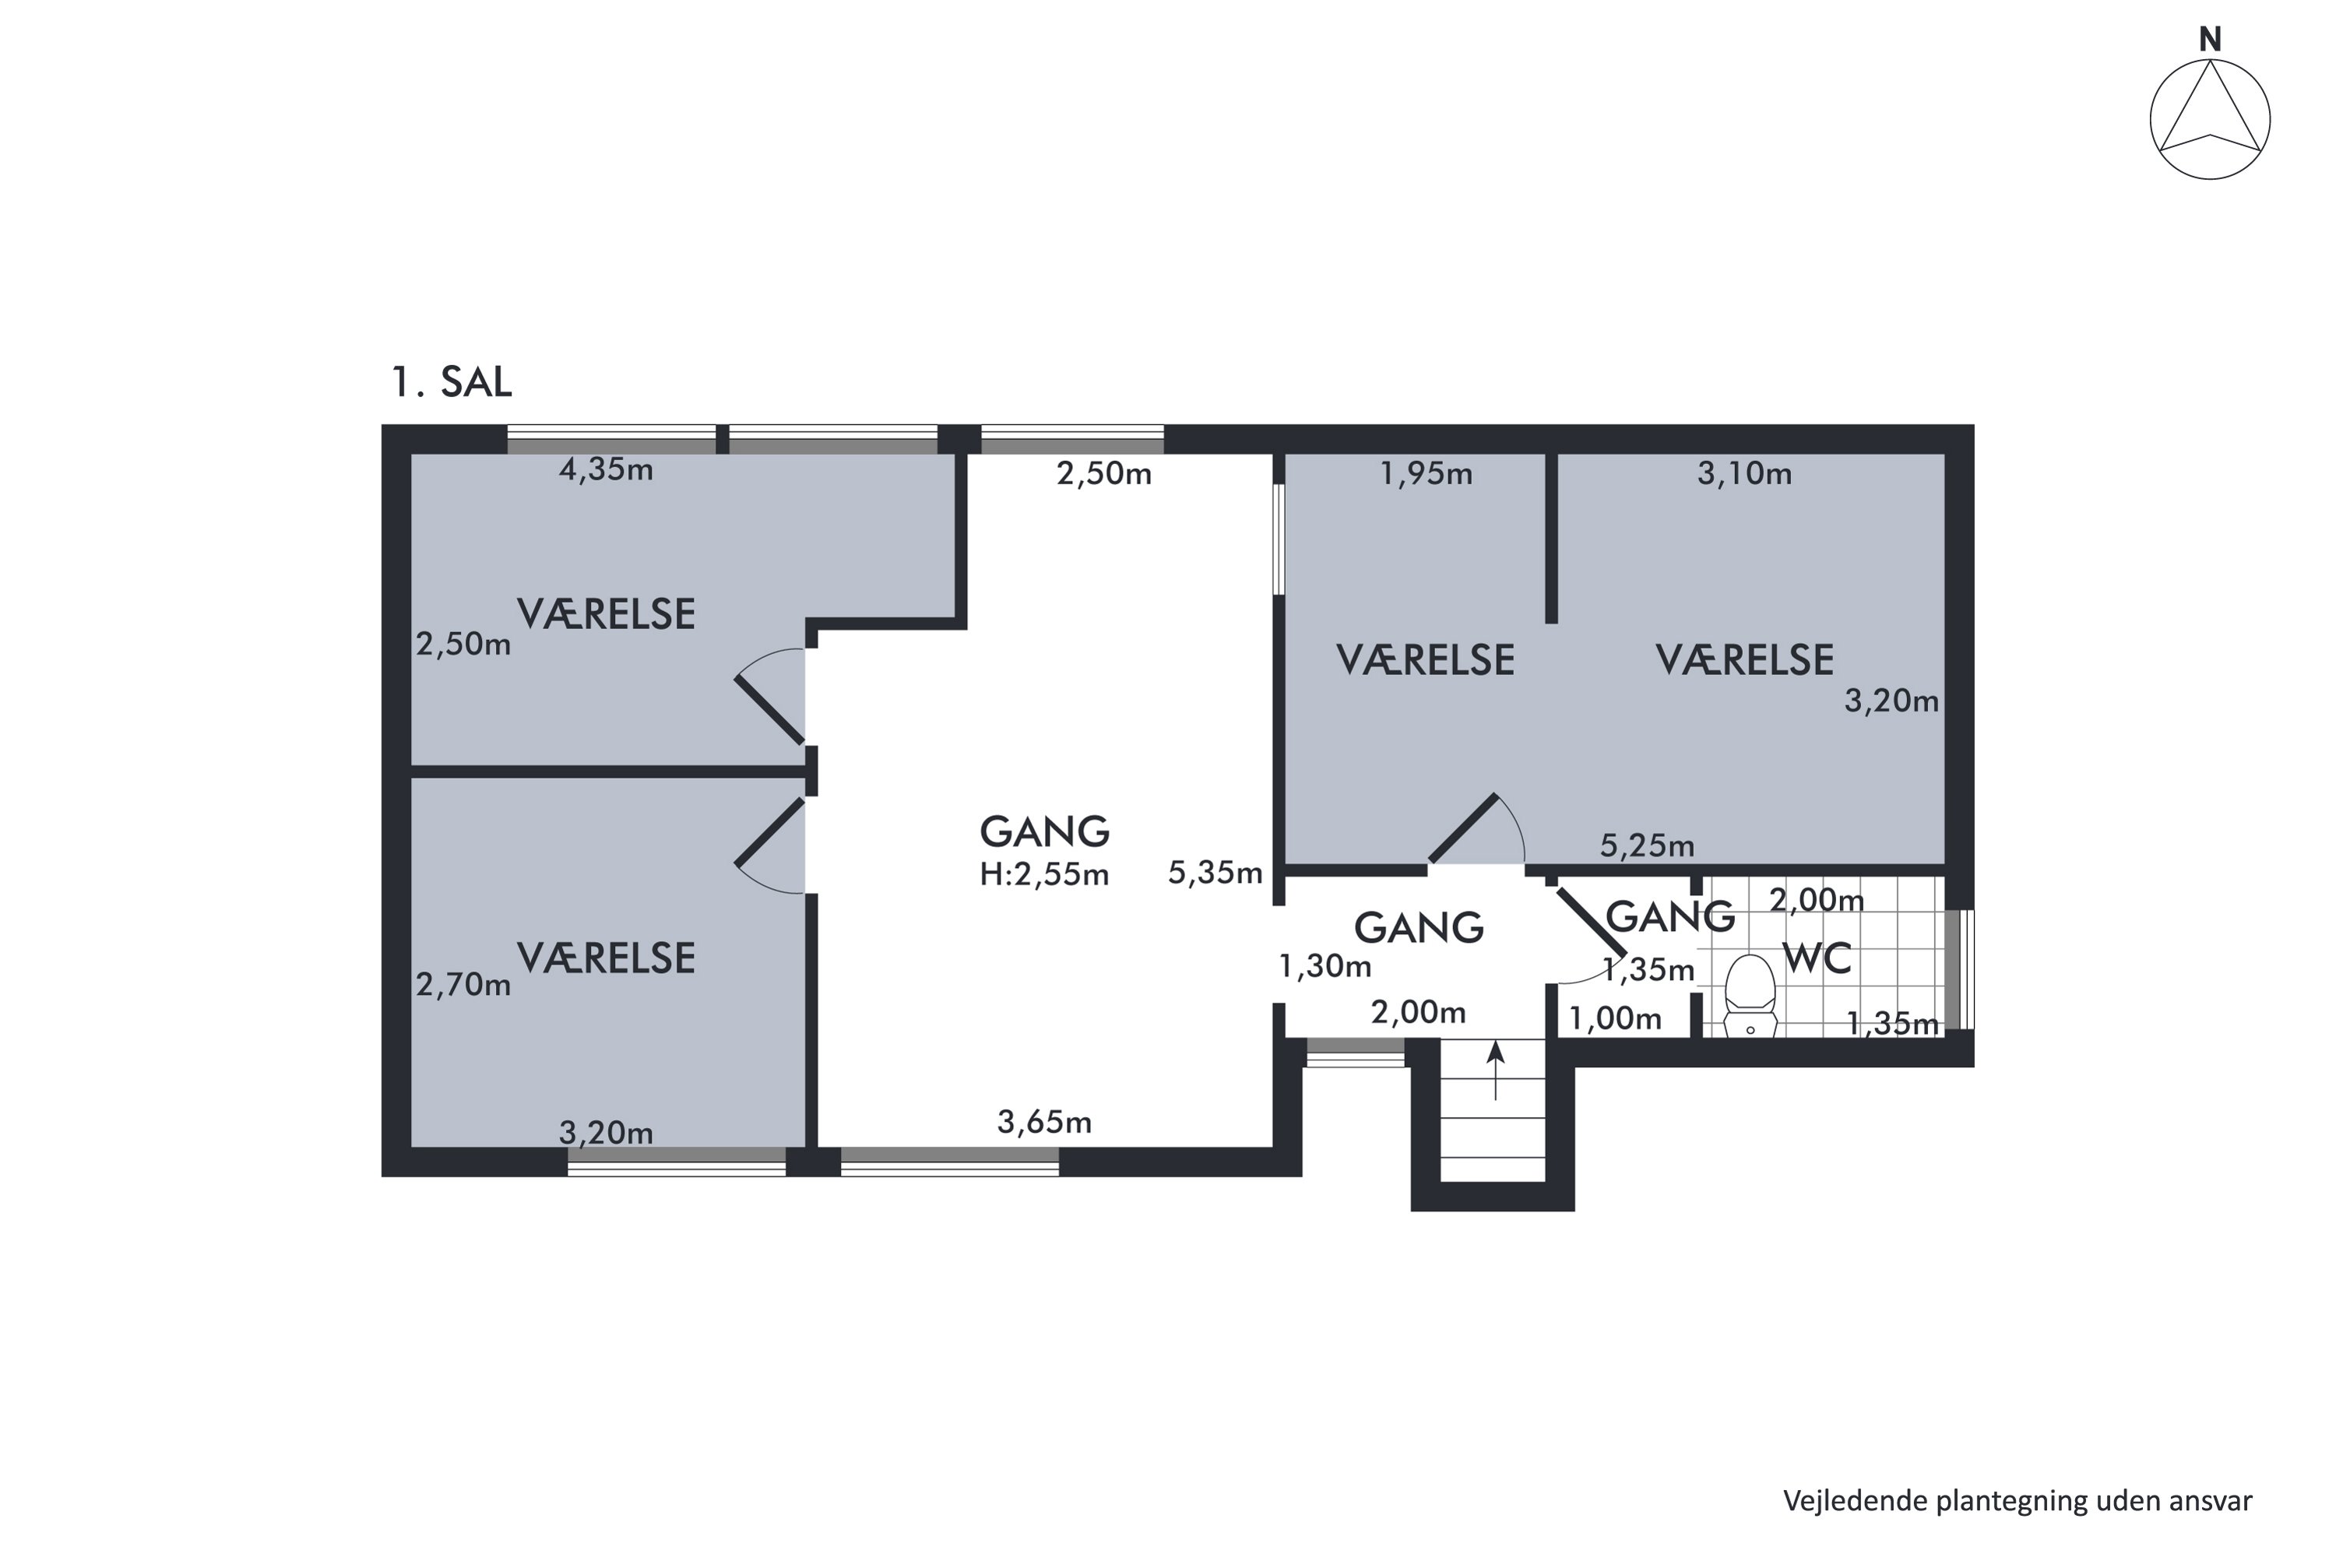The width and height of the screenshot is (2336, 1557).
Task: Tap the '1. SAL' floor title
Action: click(452, 382)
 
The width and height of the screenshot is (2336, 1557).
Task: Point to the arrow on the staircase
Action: click(1496, 1070)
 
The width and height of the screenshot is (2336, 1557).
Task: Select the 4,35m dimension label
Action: click(606, 469)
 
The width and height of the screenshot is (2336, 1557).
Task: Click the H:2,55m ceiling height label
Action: click(1044, 875)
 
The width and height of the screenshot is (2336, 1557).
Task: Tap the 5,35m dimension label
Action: click(1215, 873)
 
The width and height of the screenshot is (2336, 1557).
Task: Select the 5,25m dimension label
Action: click(1647, 846)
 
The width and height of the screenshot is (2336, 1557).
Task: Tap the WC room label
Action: click(1817, 959)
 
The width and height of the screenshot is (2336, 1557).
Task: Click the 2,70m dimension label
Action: click(463, 985)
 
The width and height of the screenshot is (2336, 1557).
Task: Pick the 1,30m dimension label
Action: click(1325, 966)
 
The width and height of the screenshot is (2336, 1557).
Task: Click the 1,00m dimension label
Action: click(1615, 1019)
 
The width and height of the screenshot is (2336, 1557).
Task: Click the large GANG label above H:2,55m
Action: click(1044, 832)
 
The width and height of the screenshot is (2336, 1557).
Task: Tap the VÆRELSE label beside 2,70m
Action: click(606, 958)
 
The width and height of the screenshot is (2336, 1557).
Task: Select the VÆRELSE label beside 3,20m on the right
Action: click(1744, 660)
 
